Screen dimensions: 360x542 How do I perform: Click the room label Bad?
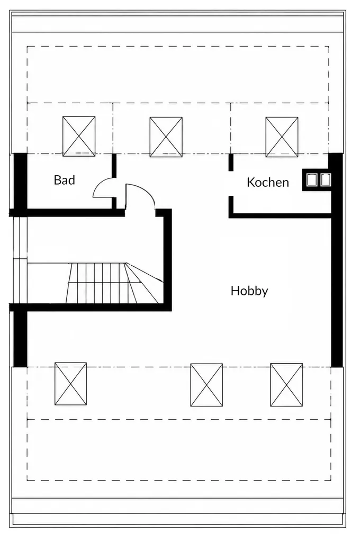pyautogui.click(x=64, y=180)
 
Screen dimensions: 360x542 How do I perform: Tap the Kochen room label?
pyautogui.click(x=268, y=182)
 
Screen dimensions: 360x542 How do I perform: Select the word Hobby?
pyautogui.click(x=249, y=291)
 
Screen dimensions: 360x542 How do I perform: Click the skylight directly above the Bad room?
pyautogui.click(x=79, y=136)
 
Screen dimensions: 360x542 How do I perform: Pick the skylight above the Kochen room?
pyautogui.click(x=282, y=137)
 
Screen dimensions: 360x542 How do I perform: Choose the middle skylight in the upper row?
pyautogui.click(x=166, y=137)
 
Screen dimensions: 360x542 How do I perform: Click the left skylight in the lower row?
pyautogui.click(x=70, y=384)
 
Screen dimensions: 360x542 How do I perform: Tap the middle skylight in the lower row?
pyautogui.click(x=206, y=385)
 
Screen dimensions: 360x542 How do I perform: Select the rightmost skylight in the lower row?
pyautogui.click(x=286, y=385)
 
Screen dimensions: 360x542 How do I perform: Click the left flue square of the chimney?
pyautogui.click(x=312, y=180)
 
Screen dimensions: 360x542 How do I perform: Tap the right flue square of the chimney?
pyautogui.click(x=325, y=180)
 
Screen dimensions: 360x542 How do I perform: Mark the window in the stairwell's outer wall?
pyautogui.click(x=20, y=260)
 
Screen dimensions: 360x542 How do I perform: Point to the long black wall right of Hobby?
pyautogui.click(x=337, y=260)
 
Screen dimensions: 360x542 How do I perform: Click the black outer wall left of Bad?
pyautogui.click(x=20, y=181)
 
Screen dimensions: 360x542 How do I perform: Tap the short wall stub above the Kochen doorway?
pyautogui.click(x=231, y=162)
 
